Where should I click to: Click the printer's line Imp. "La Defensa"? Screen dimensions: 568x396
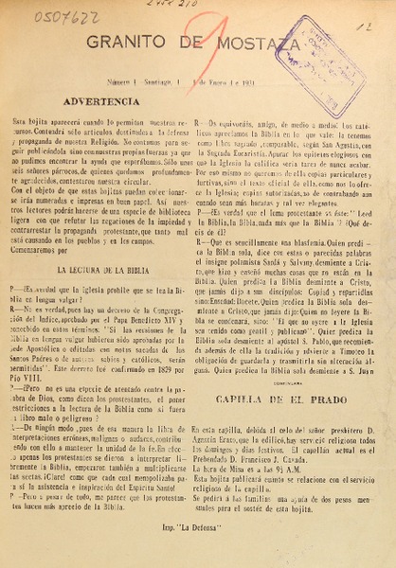[194, 547]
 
